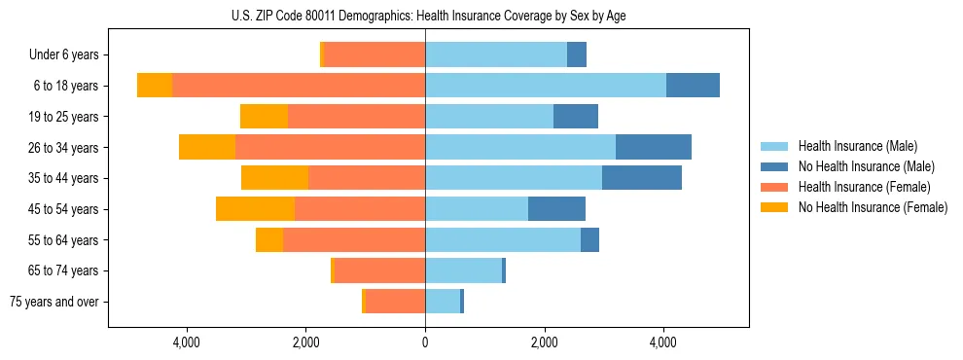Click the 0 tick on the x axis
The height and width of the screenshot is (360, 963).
click(425, 342)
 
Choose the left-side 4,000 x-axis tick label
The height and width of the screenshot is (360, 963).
click(186, 342)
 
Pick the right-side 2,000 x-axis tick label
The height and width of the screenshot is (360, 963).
click(545, 342)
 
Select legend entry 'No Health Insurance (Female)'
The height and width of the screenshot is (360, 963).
click(873, 207)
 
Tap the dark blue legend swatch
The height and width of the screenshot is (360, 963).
click(774, 166)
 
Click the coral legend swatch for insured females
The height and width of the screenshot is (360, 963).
click(774, 187)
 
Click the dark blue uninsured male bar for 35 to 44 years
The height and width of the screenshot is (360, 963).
click(642, 178)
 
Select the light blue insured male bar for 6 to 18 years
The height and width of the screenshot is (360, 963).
click(546, 86)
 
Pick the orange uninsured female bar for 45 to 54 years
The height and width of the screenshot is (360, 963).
click(255, 209)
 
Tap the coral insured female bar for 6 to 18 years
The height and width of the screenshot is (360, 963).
click(299, 86)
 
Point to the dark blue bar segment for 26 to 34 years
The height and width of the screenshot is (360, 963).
click(654, 148)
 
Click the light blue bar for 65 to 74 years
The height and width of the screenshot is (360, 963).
click(463, 270)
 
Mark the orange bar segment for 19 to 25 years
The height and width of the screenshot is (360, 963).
click(264, 117)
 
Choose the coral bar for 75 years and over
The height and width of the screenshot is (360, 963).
click(395, 302)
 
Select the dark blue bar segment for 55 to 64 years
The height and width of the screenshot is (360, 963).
click(589, 240)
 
